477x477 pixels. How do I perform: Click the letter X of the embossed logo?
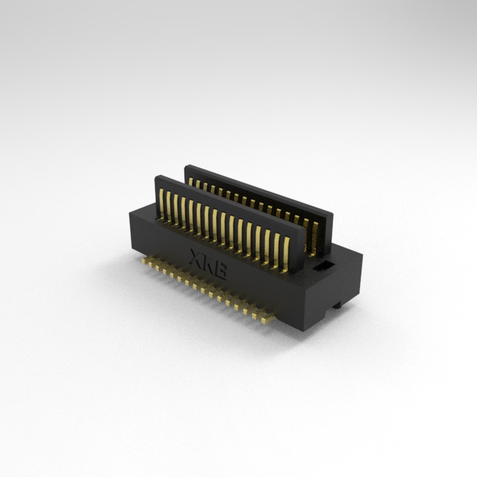tap(197, 259)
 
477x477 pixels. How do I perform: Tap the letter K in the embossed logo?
tap(209, 264)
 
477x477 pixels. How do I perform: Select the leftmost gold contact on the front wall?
tap(162, 204)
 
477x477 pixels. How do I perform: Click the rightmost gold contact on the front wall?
tap(286, 255)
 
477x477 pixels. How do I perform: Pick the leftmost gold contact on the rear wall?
tap(191, 182)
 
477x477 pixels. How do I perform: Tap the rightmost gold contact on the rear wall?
tap(314, 238)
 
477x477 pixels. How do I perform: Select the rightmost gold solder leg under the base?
tap(267, 319)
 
